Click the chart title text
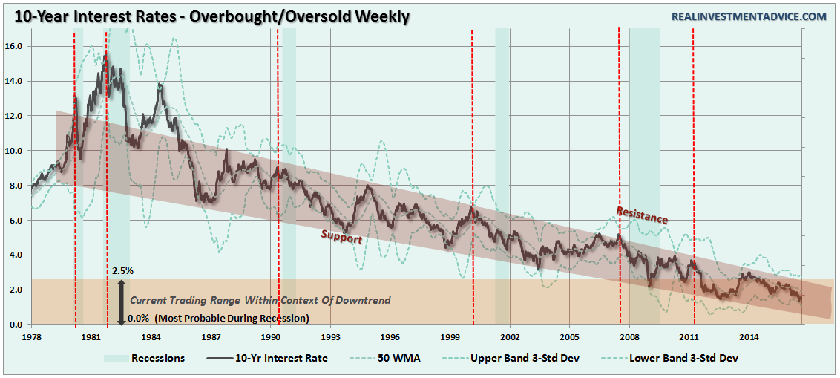coord(207,16)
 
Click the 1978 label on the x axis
coord(30,336)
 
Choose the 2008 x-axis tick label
coord(629,336)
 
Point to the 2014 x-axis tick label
coord(749,336)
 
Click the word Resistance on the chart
coord(642,215)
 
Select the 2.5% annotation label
coord(122,271)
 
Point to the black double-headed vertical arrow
coord(121,301)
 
